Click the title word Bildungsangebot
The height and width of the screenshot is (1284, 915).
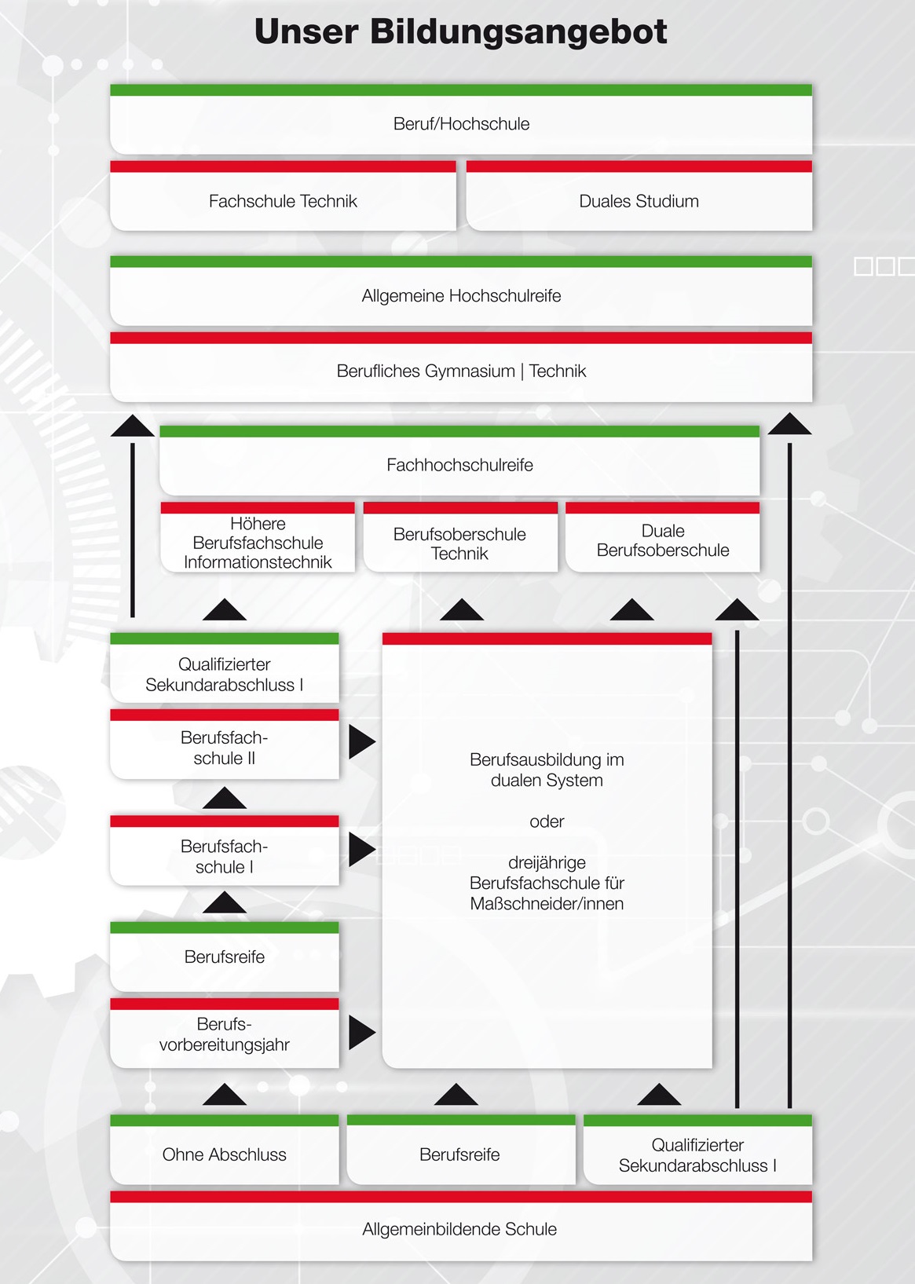[518, 32]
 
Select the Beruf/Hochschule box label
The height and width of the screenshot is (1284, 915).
[461, 124]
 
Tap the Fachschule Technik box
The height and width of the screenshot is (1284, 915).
[284, 196]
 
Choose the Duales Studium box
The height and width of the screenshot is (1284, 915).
[639, 196]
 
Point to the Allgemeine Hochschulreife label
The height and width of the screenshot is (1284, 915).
[461, 296]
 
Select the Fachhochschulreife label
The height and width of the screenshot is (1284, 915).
[459, 465]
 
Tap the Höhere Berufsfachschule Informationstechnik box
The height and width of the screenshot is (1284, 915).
[258, 537]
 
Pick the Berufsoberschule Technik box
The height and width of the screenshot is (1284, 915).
[460, 537]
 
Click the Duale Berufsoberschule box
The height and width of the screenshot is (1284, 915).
[663, 537]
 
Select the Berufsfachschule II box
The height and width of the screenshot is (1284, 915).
[225, 744]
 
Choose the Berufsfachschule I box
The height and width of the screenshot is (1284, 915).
[225, 851]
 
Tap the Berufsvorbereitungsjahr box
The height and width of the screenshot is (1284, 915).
[225, 1033]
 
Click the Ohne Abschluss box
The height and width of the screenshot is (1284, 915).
[225, 1150]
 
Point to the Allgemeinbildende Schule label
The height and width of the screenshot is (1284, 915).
[459, 1229]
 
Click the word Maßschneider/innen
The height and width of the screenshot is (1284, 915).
[547, 904]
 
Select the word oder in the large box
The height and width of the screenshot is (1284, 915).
[547, 821]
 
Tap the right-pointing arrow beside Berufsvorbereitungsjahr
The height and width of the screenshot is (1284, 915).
[362, 1033]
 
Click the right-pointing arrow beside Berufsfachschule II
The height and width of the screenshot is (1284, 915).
[362, 742]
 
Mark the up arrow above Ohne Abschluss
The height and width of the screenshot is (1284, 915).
[225, 1094]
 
